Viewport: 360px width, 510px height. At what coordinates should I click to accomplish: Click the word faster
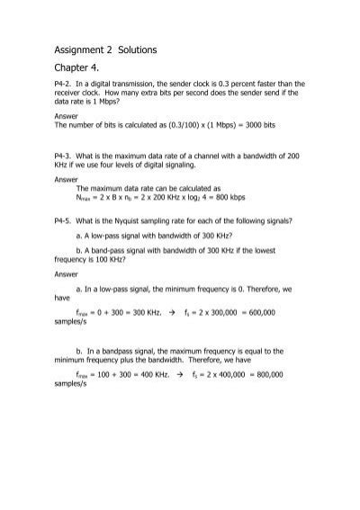[x=266, y=105]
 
